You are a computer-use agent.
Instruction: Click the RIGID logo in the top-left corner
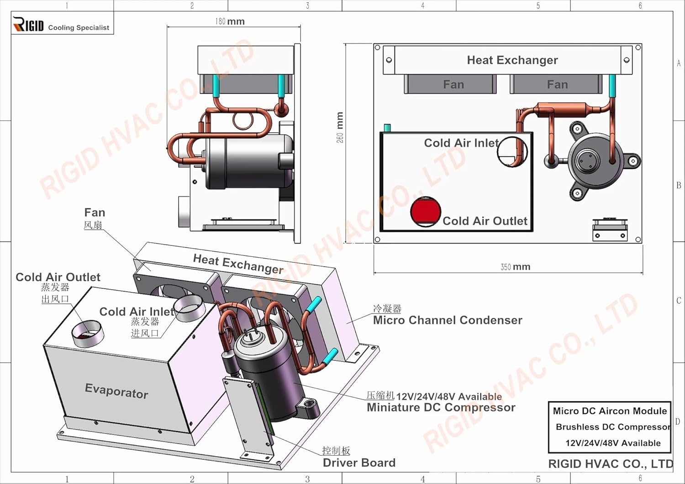(x=28, y=24)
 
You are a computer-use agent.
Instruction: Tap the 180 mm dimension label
(x=230, y=21)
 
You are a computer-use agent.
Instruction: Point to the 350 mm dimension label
(x=515, y=267)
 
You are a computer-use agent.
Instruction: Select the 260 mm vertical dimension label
(x=340, y=127)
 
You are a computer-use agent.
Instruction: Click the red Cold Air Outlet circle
(x=425, y=212)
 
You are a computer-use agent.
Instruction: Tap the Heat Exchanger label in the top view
(x=512, y=60)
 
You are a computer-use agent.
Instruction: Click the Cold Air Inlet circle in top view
(x=512, y=151)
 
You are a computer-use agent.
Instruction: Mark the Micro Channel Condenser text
(x=448, y=320)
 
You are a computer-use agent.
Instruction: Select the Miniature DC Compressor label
(x=441, y=407)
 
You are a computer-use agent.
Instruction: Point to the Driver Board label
(x=359, y=463)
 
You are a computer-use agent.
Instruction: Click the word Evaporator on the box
(x=116, y=391)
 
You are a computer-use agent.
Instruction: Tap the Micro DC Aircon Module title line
(x=610, y=411)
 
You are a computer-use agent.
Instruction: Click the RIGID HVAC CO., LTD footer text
(x=610, y=464)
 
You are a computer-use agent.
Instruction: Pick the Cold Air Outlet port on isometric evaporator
(x=87, y=333)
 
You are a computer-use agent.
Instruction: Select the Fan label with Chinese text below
(x=95, y=213)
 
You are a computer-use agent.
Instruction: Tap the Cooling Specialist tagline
(x=79, y=28)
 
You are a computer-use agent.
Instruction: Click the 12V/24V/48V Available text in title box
(x=613, y=443)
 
